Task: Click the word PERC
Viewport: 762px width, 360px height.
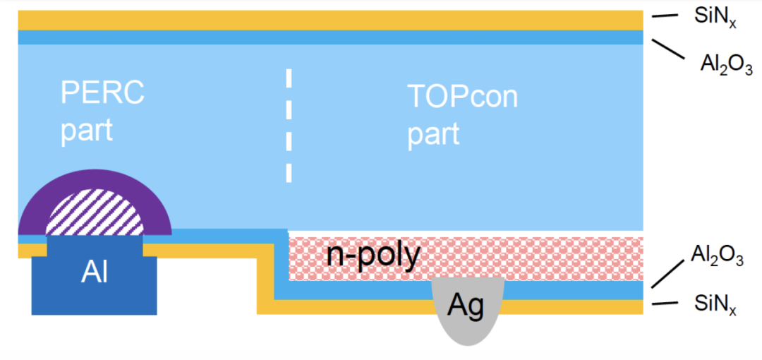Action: pyautogui.click(x=102, y=93)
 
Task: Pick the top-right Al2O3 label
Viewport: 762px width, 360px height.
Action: pyautogui.click(x=726, y=66)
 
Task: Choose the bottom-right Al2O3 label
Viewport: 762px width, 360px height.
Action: pyautogui.click(x=716, y=253)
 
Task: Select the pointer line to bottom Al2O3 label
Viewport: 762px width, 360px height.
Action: pyautogui.click(x=667, y=273)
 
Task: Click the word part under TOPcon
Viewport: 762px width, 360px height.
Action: pyautogui.click(x=433, y=134)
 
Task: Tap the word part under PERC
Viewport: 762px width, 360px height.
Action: pyautogui.click(x=86, y=131)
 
